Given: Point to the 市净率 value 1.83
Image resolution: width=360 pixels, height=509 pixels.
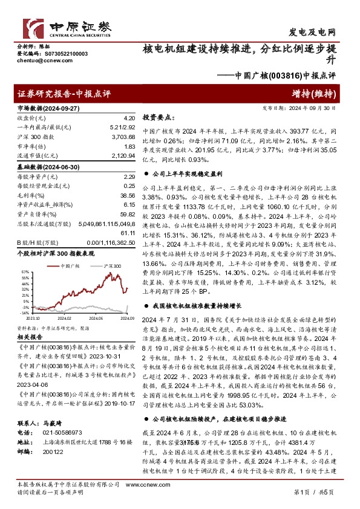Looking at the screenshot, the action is (x=128, y=148).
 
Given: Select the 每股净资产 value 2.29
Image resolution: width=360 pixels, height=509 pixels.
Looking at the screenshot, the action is (x=128, y=177).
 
